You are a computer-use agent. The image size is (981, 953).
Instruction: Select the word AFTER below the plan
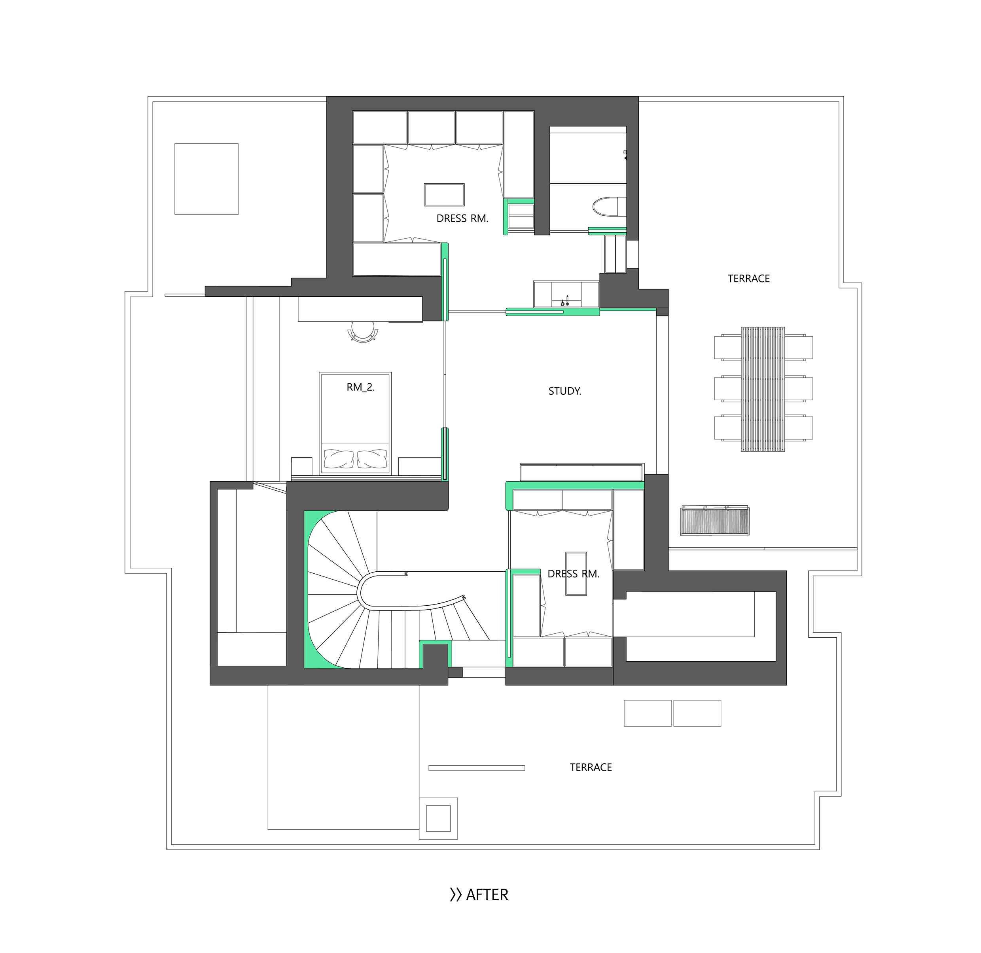point(487,895)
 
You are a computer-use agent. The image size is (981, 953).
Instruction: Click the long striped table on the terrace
point(763,389)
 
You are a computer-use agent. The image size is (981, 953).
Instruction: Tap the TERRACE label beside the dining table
point(748,279)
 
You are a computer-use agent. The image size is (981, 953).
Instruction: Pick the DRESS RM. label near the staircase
point(573,574)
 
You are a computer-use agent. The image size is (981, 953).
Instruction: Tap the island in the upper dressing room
point(444,195)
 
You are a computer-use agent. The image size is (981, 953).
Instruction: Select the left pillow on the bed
point(339,458)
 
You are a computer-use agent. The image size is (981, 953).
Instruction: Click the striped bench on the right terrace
point(715,520)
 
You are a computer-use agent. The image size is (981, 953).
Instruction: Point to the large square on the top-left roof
point(206,179)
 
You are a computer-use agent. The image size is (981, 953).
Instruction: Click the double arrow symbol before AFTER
point(455,895)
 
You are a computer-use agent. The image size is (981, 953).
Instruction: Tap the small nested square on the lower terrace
point(438,818)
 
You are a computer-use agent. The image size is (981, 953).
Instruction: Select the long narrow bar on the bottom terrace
point(477,768)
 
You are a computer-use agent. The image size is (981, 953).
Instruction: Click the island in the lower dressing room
point(576,574)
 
